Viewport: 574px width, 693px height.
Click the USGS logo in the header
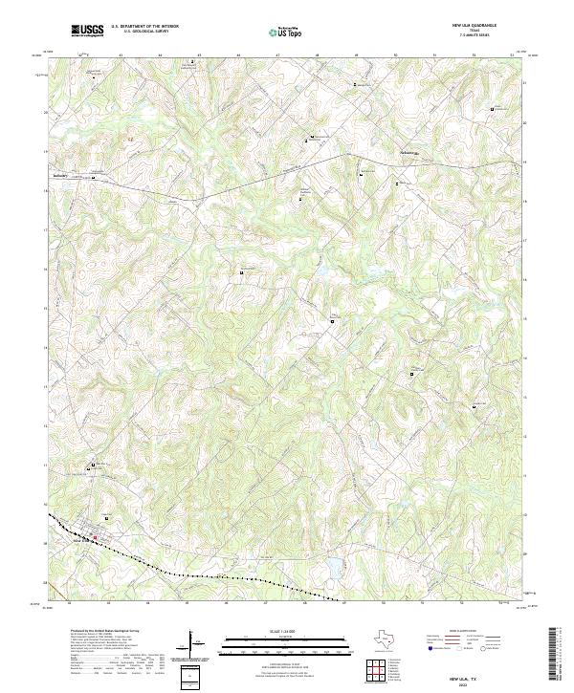tap(87, 30)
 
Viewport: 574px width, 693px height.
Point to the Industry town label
tap(61, 176)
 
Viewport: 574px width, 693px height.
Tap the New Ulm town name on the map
tap(82, 540)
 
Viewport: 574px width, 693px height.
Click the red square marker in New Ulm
tap(95, 537)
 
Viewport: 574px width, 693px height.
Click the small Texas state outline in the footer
tap(386, 639)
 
